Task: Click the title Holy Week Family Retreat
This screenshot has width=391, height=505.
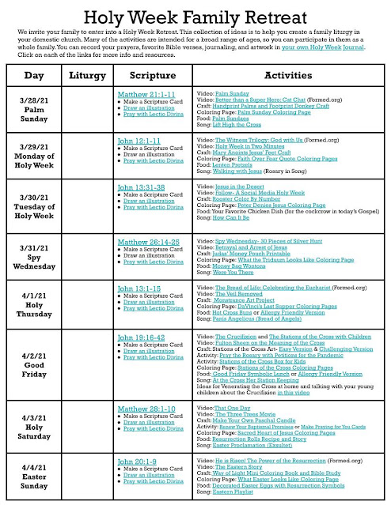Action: tap(195, 12)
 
